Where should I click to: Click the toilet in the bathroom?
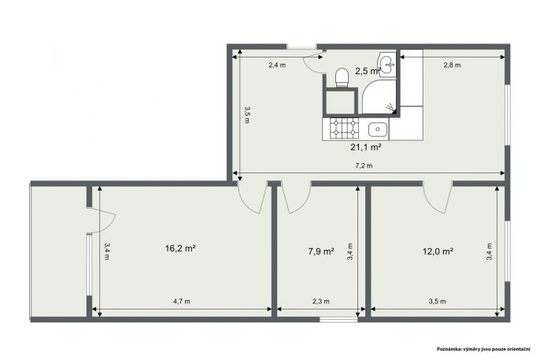(x=342, y=77)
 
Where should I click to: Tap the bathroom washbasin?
(x=387, y=63)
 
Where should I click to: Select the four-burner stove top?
(x=344, y=128)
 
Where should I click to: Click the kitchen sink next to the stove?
(x=378, y=129)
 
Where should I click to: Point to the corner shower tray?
(x=379, y=97)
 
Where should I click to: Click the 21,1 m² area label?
(x=365, y=147)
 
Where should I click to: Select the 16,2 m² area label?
(x=180, y=248)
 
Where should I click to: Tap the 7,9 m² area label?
(x=321, y=251)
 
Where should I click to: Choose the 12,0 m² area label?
(x=438, y=251)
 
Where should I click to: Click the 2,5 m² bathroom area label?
(x=368, y=72)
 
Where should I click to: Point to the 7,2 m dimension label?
(x=364, y=165)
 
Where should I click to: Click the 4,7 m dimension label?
(x=182, y=302)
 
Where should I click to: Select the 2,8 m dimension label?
(x=452, y=65)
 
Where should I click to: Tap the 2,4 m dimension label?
(x=277, y=65)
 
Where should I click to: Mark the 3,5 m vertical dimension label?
(x=247, y=115)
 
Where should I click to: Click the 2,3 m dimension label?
(x=321, y=302)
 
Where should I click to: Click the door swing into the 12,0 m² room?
(x=437, y=200)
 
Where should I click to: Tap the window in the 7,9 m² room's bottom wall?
(x=338, y=320)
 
